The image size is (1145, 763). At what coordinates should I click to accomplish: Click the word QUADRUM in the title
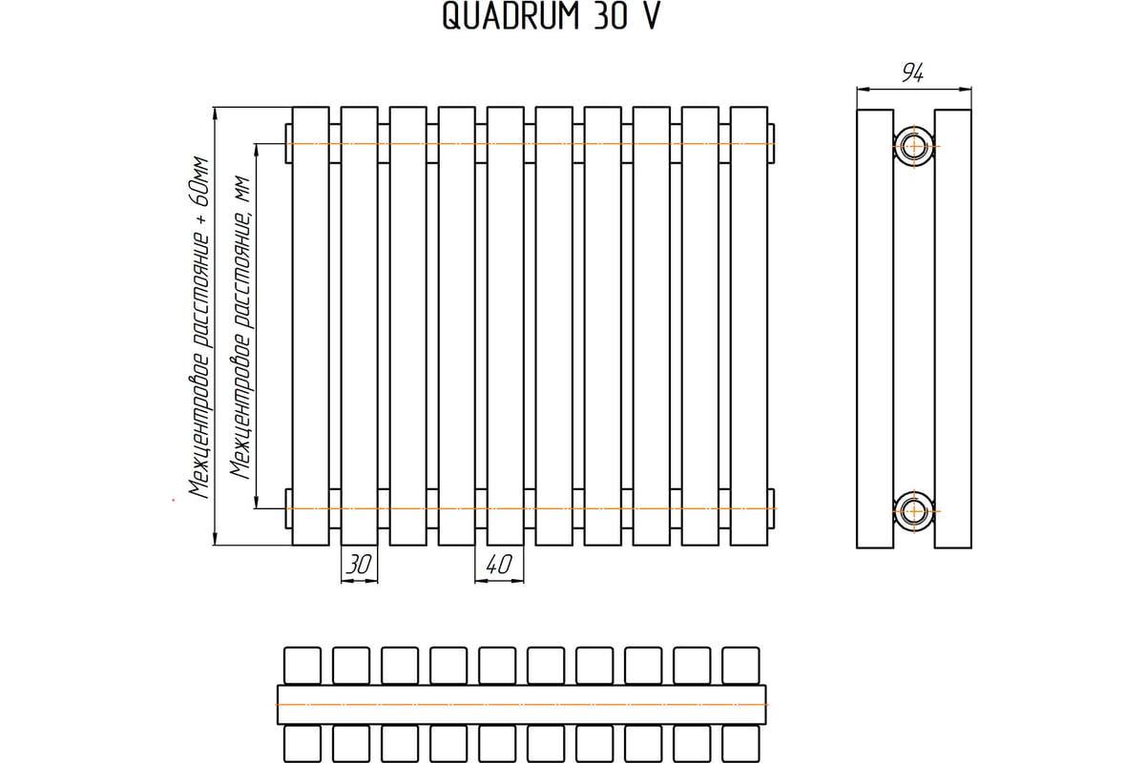pos(510,16)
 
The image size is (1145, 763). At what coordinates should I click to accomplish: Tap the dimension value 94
pos(912,73)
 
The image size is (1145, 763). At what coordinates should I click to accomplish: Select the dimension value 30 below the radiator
pos(359,565)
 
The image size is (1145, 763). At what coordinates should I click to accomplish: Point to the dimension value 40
pos(498,565)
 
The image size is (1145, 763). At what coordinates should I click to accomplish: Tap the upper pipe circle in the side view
pos(914,147)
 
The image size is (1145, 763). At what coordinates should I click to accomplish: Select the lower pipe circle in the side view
pos(914,511)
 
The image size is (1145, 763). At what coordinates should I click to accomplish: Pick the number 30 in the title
pos(611,16)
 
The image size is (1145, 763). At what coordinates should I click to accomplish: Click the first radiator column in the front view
pos(311,326)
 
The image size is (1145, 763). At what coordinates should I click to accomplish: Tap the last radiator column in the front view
pos(749,326)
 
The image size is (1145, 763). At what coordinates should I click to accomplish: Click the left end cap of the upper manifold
pos(289,144)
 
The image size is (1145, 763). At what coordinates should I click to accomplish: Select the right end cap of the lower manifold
pos(771,508)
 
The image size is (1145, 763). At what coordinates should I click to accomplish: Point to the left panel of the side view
pos(875,329)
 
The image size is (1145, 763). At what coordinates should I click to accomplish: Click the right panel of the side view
pos(953,329)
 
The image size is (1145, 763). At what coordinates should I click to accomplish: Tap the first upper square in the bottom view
pos(302,666)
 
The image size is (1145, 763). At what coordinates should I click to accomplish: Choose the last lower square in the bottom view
pos(740,744)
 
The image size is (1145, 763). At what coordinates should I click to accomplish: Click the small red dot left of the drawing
pos(174,500)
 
